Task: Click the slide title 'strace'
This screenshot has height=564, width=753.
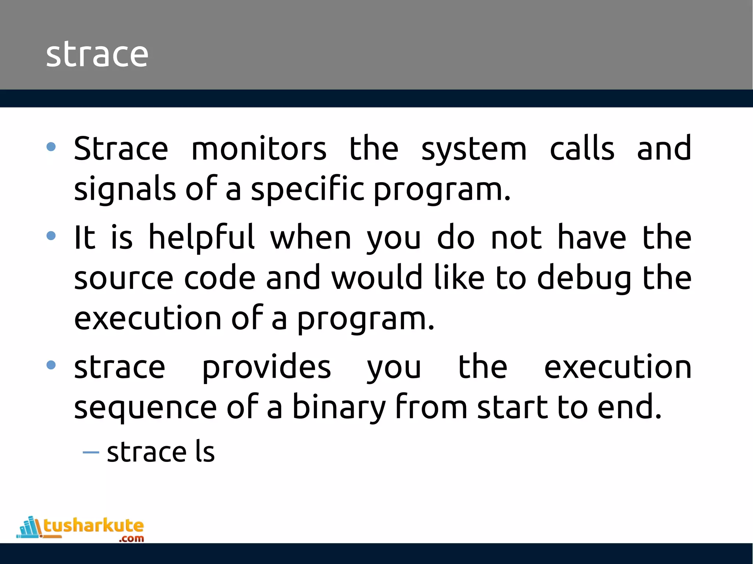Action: coord(97,54)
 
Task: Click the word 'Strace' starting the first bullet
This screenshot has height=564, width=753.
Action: coord(121,149)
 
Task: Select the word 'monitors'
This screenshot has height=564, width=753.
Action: coord(259,149)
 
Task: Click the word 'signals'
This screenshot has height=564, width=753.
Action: coord(125,189)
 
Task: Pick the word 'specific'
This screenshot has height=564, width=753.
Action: coord(307,189)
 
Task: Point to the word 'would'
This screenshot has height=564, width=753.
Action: coord(376,278)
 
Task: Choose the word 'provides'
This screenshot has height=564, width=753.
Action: coord(267,367)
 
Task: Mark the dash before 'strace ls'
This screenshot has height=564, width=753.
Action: coord(91,452)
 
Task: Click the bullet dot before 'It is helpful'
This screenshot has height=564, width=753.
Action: coord(51,235)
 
